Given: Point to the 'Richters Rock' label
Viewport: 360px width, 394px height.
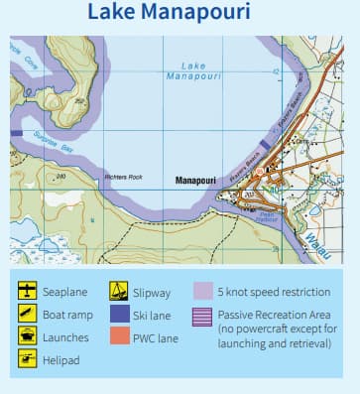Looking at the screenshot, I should [124, 178].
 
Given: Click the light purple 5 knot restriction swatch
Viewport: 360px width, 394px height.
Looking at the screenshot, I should [203, 292].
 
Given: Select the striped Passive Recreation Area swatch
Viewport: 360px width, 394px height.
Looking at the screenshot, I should [203, 315].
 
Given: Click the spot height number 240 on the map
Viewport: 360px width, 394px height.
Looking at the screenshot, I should [61, 177].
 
